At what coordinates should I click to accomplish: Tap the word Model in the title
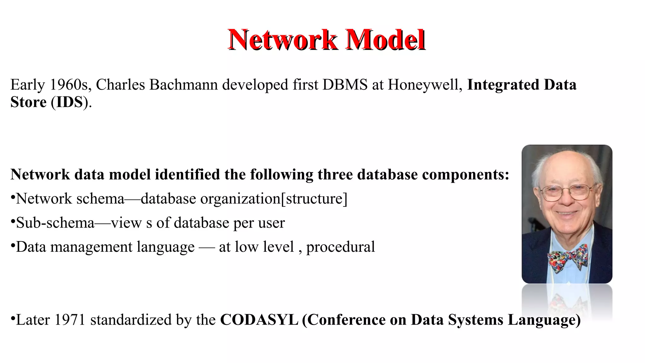tap(385, 40)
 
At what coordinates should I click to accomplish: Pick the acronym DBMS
tap(345, 85)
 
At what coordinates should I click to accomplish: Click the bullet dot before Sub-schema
tap(13, 222)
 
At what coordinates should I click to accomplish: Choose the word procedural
tap(340, 247)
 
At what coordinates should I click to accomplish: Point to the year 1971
tap(70, 320)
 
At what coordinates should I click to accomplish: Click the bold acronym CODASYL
tap(259, 320)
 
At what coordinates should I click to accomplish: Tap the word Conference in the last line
tap(346, 320)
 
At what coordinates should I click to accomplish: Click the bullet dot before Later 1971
tap(13, 319)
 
